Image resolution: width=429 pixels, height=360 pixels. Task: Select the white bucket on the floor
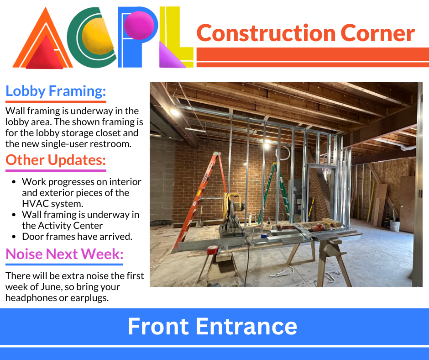[x=395, y=226]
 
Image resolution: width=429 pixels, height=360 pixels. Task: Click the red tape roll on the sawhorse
[x=213, y=250]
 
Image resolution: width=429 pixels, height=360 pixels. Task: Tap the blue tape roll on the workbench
[x=264, y=235]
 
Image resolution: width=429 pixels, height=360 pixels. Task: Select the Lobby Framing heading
[x=56, y=91]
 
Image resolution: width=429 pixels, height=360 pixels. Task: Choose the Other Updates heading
[x=56, y=160]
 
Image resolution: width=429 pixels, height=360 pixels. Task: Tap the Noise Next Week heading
[x=64, y=254]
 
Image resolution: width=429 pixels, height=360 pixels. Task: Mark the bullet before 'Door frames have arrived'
[x=14, y=237]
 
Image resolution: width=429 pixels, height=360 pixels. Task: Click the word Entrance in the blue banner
[x=246, y=326]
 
